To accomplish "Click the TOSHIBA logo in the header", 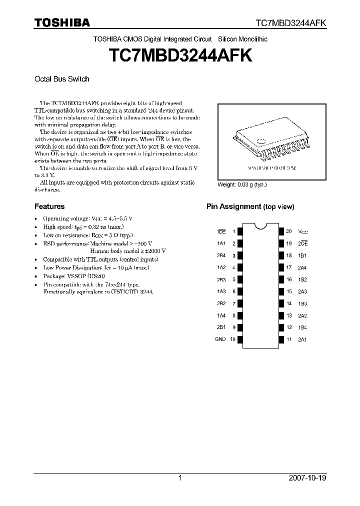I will click(x=62, y=22).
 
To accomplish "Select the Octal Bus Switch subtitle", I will click(x=61, y=79).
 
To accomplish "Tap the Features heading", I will click(x=49, y=206).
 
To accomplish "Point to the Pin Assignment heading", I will click(x=250, y=206).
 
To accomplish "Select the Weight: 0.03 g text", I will click(x=242, y=184).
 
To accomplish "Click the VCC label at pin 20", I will click(x=303, y=232).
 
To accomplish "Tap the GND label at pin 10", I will click(x=220, y=339).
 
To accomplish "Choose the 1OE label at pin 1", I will click(x=221, y=232).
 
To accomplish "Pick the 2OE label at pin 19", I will click(x=302, y=243).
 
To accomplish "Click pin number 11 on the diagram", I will click(x=288, y=339).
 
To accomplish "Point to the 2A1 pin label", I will click(x=302, y=339).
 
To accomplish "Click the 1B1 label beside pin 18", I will click(x=302, y=255).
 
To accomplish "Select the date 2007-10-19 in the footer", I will click(x=307, y=478).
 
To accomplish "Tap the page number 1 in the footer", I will click(x=180, y=478).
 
